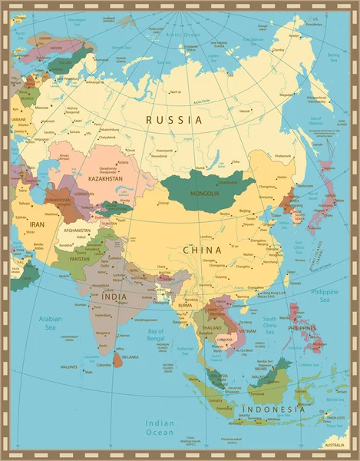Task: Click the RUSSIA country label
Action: [x=174, y=120]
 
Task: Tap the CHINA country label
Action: [x=202, y=250]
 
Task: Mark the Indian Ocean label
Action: [x=160, y=428]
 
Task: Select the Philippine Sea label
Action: [x=325, y=295]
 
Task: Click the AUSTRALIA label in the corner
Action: [x=334, y=446]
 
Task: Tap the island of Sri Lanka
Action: [x=117, y=358]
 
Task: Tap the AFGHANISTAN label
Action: [x=77, y=230]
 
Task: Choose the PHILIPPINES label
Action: [x=302, y=328]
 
